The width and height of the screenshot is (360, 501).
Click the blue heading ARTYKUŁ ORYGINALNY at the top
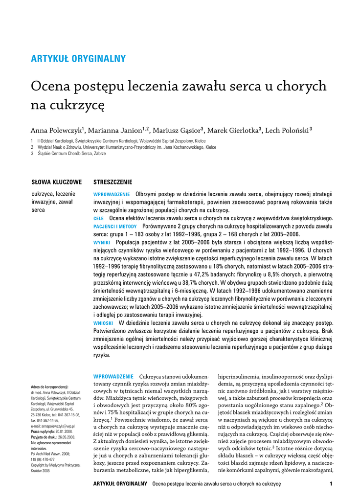[x=78, y=59]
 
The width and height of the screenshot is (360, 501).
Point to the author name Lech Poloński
[x=287, y=131]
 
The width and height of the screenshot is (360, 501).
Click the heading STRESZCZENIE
[x=112, y=182]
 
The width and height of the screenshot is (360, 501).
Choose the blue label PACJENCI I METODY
[x=115, y=227]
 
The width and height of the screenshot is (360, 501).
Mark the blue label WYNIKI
[x=102, y=243]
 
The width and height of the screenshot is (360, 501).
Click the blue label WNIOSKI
[x=103, y=323]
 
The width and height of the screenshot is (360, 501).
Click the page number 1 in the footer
[x=331, y=484]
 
